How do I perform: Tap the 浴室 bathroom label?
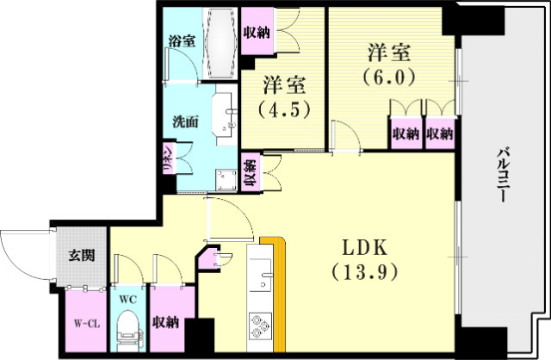(181, 40)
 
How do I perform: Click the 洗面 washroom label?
(186, 122)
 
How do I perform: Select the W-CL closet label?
(83, 324)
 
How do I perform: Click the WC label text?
(128, 299)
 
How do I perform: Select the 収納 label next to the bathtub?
(256, 34)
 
